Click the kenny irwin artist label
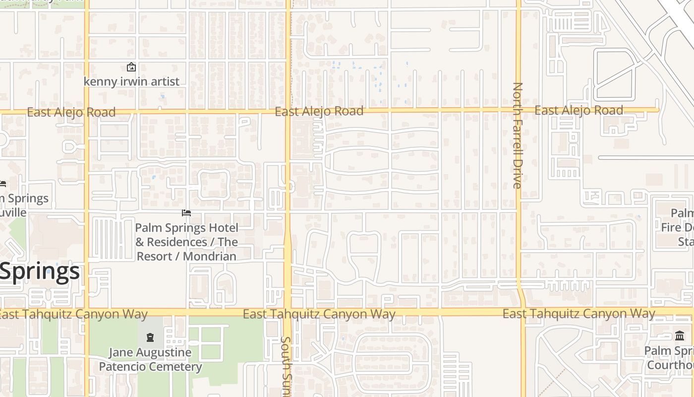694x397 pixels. click(x=131, y=81)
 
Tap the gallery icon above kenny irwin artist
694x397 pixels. click(x=131, y=67)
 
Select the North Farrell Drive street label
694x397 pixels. click(x=518, y=135)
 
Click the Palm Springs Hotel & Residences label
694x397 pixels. click(x=187, y=242)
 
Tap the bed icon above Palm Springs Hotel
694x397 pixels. click(x=186, y=213)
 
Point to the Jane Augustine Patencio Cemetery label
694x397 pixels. click(x=150, y=359)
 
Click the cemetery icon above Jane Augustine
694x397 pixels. click(x=150, y=338)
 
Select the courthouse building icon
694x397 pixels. click(x=679, y=336)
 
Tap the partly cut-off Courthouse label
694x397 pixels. click(x=670, y=358)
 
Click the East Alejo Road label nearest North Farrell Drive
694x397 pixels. click(x=578, y=110)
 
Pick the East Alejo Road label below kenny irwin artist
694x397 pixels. click(x=71, y=112)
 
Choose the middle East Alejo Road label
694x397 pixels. click(x=319, y=111)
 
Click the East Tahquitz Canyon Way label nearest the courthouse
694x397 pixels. click(x=578, y=314)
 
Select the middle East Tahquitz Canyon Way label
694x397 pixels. click(x=319, y=314)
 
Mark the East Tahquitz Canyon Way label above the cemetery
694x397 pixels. click(x=73, y=314)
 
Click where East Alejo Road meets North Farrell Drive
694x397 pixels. click(x=519, y=110)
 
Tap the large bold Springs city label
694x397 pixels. click(x=40, y=271)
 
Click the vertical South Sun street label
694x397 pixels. click(x=286, y=366)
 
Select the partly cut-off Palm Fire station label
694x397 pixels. click(x=678, y=227)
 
